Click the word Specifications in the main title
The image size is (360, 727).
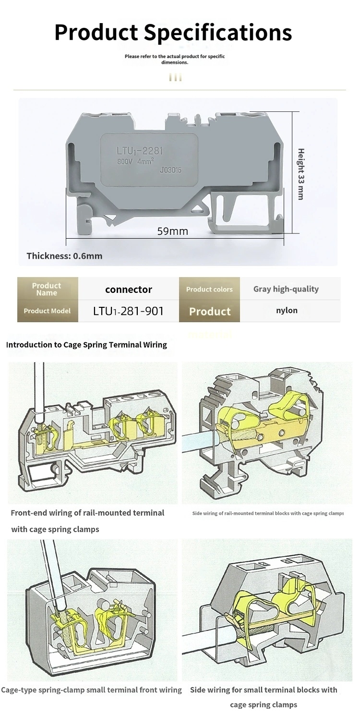pos(217,33)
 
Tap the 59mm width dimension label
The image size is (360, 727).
pos(172,231)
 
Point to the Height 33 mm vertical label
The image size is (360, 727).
pos(301,174)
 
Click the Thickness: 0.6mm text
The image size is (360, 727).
pos(64,256)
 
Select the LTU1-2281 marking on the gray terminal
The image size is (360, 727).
pos(140,151)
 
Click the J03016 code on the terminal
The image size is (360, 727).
pos(170,170)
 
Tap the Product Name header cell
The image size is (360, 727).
pos(48,289)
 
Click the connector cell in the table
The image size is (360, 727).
pos(129,290)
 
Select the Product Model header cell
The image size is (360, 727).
pos(48,311)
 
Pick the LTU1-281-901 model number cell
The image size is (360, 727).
pos(129,311)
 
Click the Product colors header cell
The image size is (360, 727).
pos(209,289)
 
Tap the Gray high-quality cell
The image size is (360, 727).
pos(286,289)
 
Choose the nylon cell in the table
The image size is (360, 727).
pos(287,311)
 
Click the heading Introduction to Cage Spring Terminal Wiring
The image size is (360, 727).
pos(86,345)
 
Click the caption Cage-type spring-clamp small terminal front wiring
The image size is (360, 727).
pos(92,690)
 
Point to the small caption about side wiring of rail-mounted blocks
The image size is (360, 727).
pos(268,513)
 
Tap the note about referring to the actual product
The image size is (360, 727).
pos(175,59)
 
